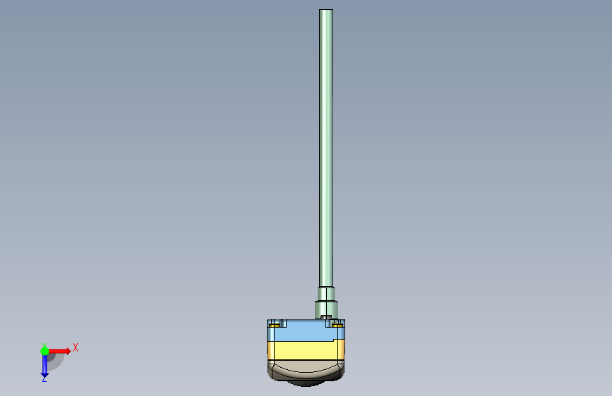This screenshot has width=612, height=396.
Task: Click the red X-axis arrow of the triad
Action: [x=59, y=351]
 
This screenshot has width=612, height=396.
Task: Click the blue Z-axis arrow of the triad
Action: [x=44, y=366]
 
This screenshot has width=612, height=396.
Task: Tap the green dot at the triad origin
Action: [x=44, y=351]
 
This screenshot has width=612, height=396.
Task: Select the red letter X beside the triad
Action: [x=76, y=347]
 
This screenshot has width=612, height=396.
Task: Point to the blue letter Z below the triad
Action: [x=44, y=379]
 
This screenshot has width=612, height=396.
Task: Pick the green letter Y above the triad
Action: [x=44, y=345]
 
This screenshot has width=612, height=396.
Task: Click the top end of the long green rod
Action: [x=326, y=10]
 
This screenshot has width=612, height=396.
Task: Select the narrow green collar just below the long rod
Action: [x=326, y=295]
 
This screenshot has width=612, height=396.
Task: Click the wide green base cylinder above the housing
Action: [x=326, y=310]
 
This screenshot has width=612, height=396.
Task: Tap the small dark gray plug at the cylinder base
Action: [x=326, y=317]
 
